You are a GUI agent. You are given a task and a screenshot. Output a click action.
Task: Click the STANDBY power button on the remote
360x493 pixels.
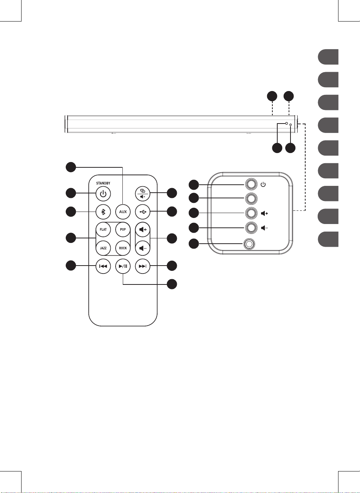point(103,194)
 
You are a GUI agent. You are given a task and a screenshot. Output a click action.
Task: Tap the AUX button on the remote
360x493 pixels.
point(123,212)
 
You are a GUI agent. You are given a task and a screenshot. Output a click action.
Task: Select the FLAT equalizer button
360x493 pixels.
point(103,229)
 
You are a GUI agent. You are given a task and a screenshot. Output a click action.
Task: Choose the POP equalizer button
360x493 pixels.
point(123,229)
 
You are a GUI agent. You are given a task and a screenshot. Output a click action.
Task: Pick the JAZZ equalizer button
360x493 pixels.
point(103,248)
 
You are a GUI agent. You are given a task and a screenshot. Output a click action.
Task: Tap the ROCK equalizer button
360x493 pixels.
point(123,248)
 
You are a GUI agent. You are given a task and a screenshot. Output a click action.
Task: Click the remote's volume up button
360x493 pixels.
point(143,229)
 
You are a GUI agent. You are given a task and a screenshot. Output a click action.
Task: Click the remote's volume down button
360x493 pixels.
point(143,248)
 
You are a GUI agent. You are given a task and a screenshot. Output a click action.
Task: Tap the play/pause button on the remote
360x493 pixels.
point(123,266)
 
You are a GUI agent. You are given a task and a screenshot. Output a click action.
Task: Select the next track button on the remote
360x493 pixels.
point(143,266)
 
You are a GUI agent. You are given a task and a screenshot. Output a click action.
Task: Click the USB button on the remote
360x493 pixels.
point(143,212)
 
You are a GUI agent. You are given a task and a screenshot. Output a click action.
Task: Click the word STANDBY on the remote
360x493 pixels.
point(103,183)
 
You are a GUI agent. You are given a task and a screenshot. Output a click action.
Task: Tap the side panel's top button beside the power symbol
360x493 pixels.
point(251,184)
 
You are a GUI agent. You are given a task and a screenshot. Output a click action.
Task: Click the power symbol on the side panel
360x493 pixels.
point(263,185)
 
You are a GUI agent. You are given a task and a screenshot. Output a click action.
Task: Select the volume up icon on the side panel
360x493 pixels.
point(264,213)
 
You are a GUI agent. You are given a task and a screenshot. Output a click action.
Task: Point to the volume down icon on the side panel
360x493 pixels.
point(264,228)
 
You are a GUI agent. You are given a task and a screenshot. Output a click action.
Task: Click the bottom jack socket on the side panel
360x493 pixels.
point(249,244)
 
